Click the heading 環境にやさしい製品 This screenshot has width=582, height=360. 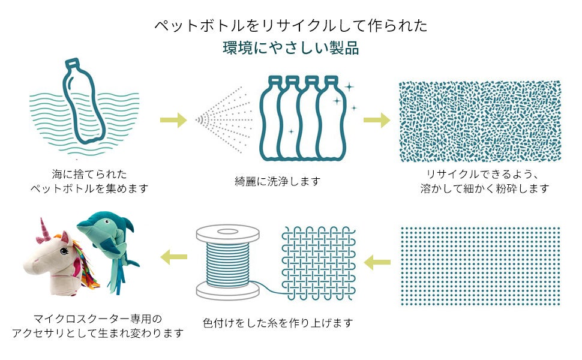click(x=291, y=49)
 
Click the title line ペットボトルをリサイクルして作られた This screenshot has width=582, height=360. click(x=291, y=26)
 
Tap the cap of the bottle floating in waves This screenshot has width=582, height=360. click(x=71, y=62)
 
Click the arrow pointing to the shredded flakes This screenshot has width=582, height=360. click(x=376, y=119)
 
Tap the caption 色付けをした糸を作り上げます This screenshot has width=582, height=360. click(x=278, y=323)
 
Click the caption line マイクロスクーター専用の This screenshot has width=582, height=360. click(x=98, y=318)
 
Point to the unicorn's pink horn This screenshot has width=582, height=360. click(x=44, y=227)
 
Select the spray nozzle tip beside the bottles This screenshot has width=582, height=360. click(x=199, y=119)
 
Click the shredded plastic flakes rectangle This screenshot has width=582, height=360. click(x=480, y=121)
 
